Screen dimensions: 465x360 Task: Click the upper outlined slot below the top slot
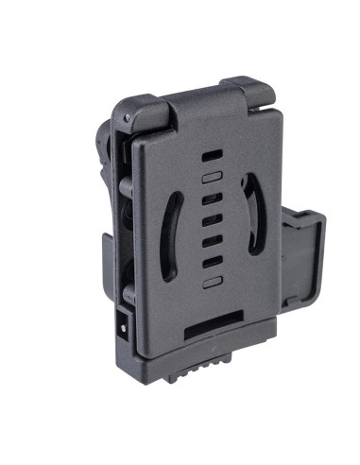pyautogui.click(x=211, y=176)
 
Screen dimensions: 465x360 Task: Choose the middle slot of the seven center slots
pyautogui.click(x=213, y=218)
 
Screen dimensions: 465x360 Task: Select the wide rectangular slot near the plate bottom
pyautogui.click(x=216, y=330)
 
